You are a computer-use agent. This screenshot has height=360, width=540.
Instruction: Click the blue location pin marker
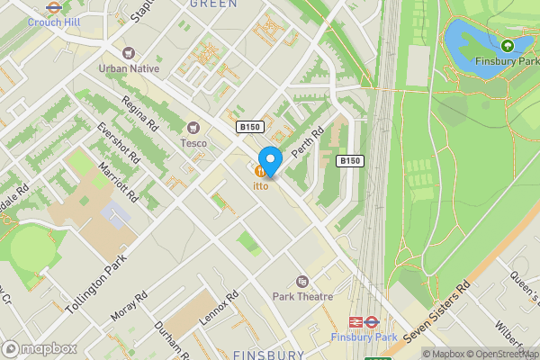270,157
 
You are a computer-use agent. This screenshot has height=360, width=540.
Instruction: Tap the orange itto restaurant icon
261,171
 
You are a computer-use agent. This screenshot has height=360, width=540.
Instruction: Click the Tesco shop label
193,142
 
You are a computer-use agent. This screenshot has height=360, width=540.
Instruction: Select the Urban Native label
129,68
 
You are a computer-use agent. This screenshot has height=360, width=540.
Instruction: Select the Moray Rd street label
128,306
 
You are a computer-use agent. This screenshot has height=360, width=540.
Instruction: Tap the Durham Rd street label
171,338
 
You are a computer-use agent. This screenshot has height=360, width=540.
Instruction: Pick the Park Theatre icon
301,281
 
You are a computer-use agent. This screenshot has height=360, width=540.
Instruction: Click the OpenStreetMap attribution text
505,354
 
